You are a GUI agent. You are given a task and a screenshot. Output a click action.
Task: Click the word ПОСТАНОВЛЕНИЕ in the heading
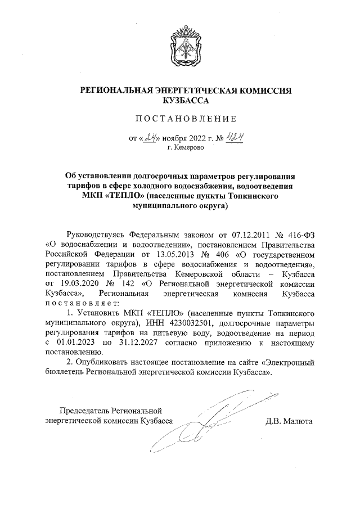point(180,119)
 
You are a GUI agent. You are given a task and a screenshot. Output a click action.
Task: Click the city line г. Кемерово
point(187,147)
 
